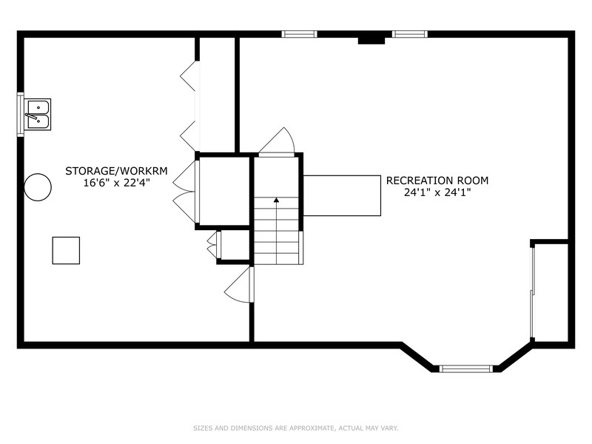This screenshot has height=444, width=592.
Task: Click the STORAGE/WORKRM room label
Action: click(x=116, y=170)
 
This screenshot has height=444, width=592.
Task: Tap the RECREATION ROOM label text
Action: click(x=437, y=180)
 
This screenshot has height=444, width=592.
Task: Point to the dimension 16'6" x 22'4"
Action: click(x=116, y=183)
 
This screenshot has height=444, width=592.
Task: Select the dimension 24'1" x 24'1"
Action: click(x=437, y=192)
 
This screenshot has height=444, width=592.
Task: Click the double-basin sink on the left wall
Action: click(x=36, y=115)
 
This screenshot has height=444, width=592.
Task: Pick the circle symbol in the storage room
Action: click(x=37, y=187)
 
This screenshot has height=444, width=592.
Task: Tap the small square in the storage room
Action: click(x=66, y=251)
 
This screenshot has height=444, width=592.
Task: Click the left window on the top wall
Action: click(x=300, y=33)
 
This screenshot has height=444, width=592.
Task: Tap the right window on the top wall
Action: click(x=409, y=33)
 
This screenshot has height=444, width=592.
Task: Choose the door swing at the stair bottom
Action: click(x=238, y=286)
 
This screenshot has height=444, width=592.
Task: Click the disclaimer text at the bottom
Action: click(x=295, y=427)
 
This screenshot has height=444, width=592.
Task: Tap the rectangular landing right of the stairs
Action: click(x=342, y=195)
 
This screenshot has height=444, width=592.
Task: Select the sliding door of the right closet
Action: click(x=532, y=292)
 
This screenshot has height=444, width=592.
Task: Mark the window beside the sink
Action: click(x=20, y=115)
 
